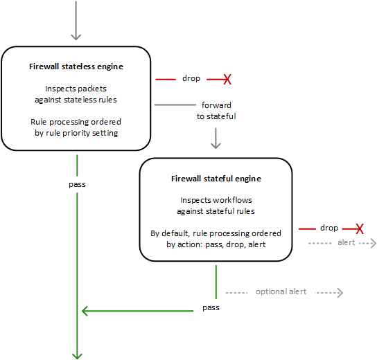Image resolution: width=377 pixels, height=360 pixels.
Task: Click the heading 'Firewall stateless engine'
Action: pos(76,66)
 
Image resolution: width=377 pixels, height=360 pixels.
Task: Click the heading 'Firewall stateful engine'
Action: pos(216,178)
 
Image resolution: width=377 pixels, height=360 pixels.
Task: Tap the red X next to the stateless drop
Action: pos(227,80)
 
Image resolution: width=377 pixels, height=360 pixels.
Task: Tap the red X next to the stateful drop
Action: pos(360,228)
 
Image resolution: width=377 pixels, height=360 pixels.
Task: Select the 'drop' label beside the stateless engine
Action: pos(191,79)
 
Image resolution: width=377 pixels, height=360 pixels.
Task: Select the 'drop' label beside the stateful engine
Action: pos(328,228)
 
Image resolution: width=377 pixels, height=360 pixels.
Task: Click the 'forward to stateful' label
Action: pos(216,111)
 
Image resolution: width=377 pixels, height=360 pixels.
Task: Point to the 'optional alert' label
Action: pos(281,291)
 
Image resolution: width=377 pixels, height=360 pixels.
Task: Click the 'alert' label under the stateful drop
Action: pos(346,242)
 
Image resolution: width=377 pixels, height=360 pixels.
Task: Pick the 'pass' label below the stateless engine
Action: pos(78,185)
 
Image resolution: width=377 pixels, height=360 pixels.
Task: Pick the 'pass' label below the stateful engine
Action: pos(211,306)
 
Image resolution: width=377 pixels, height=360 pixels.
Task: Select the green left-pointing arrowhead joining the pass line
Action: pos(86,312)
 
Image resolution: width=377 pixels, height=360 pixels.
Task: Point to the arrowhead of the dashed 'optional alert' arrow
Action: pos(339,292)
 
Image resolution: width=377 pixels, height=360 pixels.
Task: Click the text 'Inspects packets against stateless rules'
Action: pos(76,94)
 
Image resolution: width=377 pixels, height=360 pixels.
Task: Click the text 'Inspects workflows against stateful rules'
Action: pos(216,205)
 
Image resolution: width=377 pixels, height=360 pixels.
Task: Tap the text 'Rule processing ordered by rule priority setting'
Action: pos(76,127)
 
